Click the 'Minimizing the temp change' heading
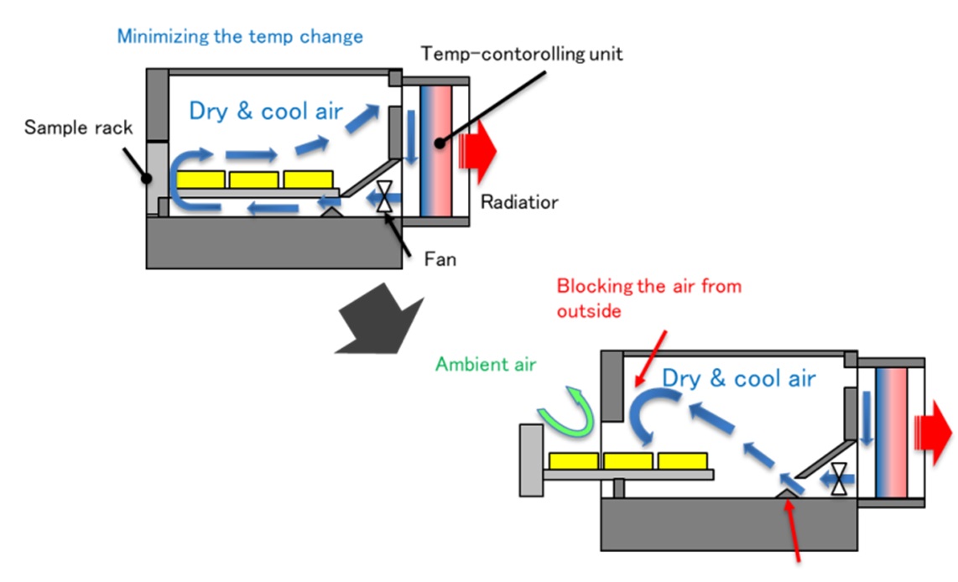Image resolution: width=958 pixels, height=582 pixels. click(240, 36)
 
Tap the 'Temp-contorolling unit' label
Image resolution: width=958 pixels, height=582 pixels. click(522, 55)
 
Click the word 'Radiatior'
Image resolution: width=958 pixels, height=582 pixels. click(519, 202)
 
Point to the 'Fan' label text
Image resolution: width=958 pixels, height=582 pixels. click(440, 258)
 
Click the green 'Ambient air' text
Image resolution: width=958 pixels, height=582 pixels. click(486, 365)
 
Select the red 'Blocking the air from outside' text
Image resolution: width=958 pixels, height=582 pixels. click(648, 298)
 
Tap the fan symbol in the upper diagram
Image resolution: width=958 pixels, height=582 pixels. click(384, 198)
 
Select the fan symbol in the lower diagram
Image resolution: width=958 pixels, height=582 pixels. click(839, 478)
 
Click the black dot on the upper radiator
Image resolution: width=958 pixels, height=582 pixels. click(438, 143)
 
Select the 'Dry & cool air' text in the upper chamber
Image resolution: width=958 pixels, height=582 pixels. click(265, 111)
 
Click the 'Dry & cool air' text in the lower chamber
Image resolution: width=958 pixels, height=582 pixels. click(738, 378)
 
